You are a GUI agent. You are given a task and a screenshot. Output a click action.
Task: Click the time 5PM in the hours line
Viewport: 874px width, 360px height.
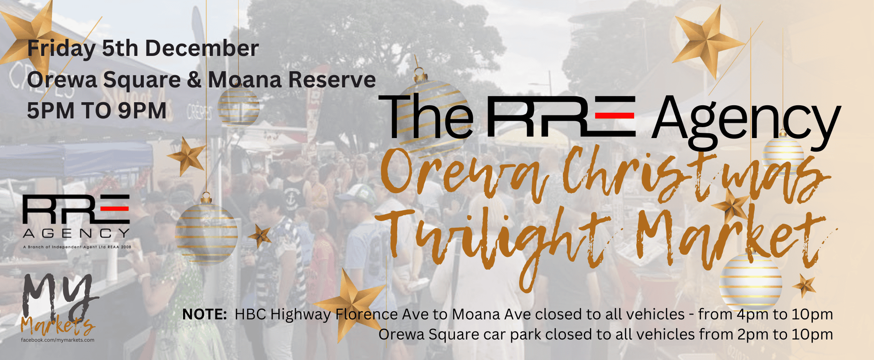50,111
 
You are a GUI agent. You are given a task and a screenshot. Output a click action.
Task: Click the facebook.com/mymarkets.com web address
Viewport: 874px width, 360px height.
58,340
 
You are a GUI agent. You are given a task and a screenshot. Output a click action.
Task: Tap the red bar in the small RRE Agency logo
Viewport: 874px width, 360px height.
115,208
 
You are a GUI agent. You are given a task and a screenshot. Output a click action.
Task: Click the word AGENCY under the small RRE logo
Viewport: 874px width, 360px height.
76,233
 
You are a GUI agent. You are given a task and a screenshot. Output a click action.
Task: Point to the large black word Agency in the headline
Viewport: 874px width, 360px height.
746,121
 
